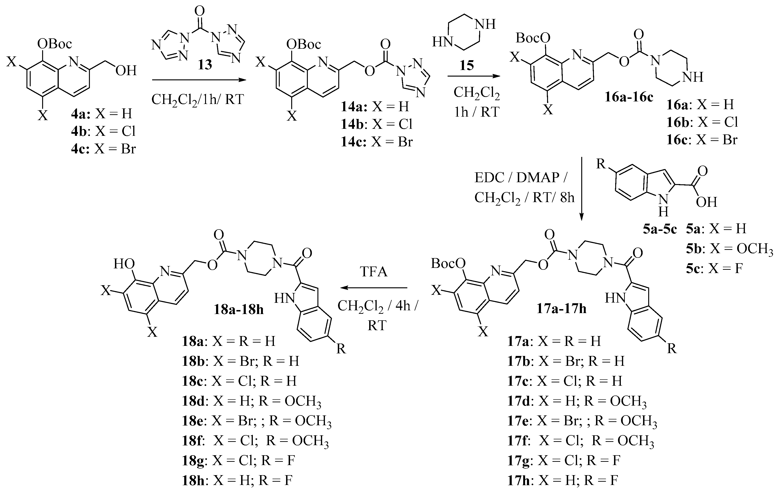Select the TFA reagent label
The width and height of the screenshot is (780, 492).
(374, 272)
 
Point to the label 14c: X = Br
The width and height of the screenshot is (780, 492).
(377, 142)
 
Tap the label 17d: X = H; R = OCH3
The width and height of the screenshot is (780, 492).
(577, 401)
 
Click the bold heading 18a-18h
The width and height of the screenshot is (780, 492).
(239, 310)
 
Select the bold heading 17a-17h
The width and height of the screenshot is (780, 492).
(561, 309)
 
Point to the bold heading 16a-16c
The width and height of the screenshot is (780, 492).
(629, 97)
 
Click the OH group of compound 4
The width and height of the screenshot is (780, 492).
(126, 70)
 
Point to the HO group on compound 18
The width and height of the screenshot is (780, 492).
(124, 264)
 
